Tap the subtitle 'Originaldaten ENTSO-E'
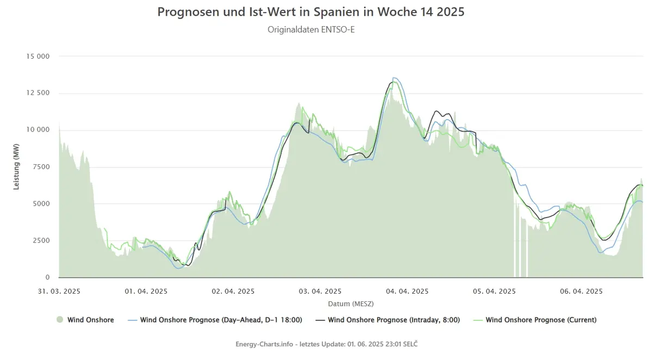pos(311,30)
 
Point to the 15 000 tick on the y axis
pos(38,56)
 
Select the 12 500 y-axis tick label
pos(38,93)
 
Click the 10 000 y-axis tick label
pos(38,129)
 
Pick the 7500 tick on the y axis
pos(41,166)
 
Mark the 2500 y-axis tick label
pos(41,240)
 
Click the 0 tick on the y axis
pos(47,277)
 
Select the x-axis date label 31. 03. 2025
pos(59,291)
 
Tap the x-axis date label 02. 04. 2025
pos(233,291)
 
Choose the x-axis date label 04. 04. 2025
pos(407,291)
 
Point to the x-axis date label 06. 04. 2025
pos(581,291)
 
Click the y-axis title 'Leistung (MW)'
pos(16,166)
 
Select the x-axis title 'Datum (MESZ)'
pos(350,304)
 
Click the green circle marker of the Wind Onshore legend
pos(60,320)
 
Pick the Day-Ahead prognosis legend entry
pos(215,320)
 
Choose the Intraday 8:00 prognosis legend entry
pos(387,320)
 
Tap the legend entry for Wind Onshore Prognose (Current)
pos(534,320)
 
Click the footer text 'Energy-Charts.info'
pos(264,344)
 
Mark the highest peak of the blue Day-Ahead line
pos(393,77)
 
